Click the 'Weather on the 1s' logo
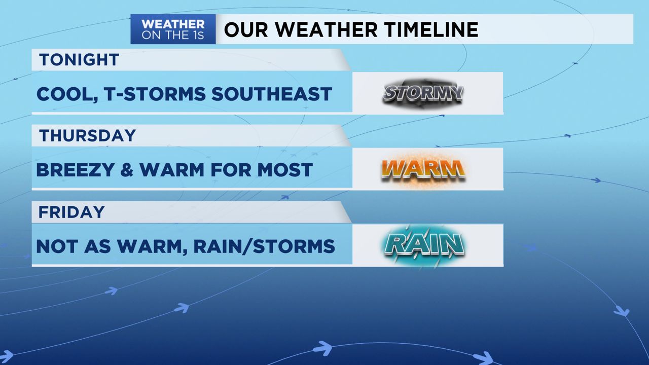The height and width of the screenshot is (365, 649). coord(173,29)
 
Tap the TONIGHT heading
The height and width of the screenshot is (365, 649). coord(79,60)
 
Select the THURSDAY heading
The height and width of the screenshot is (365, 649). coord(88,135)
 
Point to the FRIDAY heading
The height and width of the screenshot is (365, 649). coord(71,212)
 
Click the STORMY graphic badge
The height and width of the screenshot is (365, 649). coord(423,93)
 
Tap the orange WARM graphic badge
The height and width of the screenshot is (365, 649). coord(423,169)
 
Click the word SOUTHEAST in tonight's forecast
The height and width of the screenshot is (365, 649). coord(271,94)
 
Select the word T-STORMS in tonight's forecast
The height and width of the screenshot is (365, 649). coord(155,94)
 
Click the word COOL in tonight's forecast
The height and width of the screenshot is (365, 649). coord(66,95)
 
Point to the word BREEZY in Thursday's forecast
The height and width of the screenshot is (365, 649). coord(75,170)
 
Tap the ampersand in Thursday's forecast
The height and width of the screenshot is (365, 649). coord(127,170)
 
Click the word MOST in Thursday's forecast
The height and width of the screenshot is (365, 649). coord(285,170)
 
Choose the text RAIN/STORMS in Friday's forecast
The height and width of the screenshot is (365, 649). coord(264,246)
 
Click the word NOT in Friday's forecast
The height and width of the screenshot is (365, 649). coord(57,246)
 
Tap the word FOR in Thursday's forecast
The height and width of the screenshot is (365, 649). coord(231,170)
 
